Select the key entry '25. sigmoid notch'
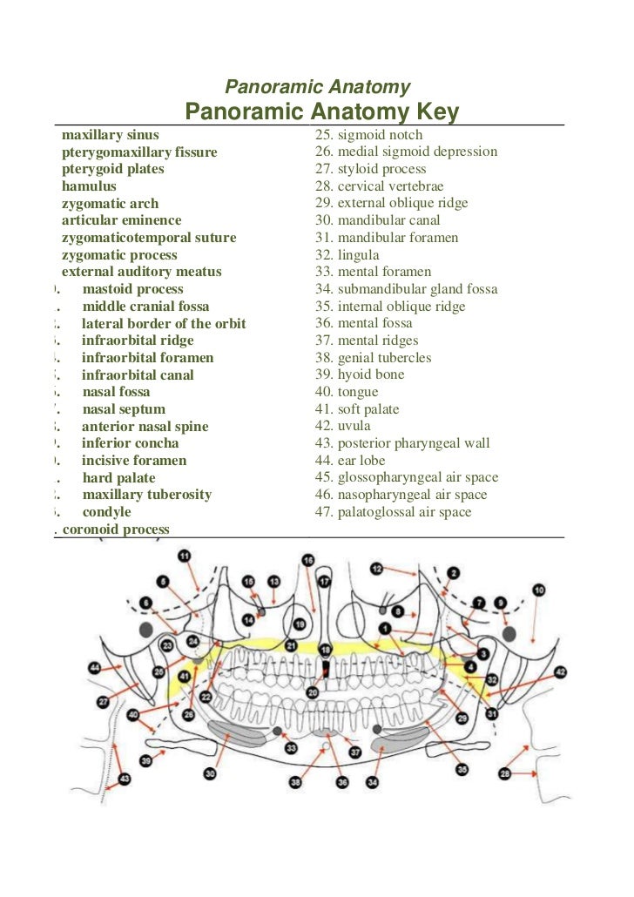(368, 135)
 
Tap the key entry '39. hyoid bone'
(360, 374)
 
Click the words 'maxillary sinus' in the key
(110, 135)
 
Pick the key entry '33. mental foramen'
(374, 272)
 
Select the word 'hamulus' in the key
(88, 186)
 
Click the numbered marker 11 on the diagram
(184, 556)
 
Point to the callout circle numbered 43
(125, 779)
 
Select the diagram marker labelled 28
(505, 773)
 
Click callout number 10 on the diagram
(539, 590)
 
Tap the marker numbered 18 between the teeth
(325, 650)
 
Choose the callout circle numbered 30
(210, 772)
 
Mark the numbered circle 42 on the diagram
(560, 671)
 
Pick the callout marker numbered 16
(307, 560)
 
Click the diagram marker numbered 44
(95, 668)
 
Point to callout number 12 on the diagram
(377, 569)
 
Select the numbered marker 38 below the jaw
(295, 783)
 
